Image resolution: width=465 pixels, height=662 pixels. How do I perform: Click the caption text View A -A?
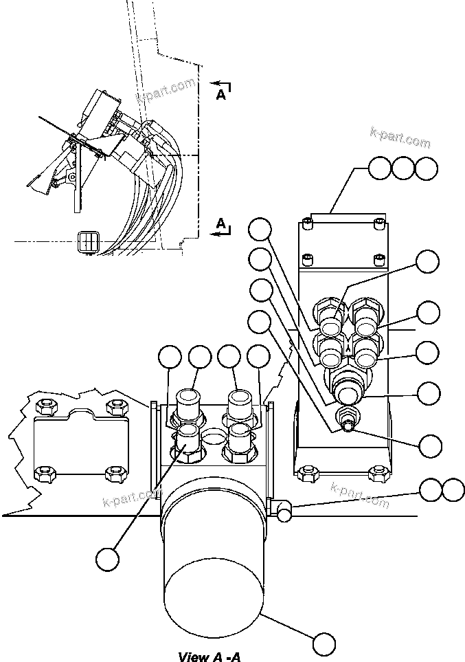click(209, 656)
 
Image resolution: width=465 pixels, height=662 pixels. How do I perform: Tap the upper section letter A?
click(221, 95)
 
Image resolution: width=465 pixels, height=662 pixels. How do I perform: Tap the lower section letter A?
click(221, 223)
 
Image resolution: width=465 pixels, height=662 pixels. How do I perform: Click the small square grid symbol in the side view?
click(89, 241)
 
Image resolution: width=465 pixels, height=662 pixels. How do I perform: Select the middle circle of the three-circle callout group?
click(403, 169)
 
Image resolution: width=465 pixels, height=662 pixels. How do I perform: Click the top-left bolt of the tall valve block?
click(308, 224)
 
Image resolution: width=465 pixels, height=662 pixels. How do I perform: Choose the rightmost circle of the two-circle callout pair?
click(453, 490)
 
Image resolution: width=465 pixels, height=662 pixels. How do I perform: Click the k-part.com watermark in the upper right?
click(400, 137)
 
